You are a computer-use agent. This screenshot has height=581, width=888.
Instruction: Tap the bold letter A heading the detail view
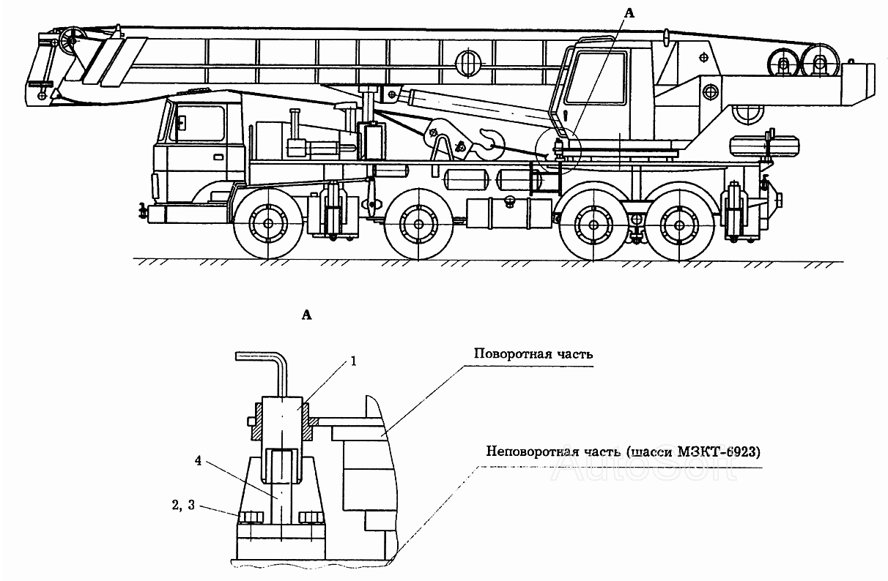pyautogui.click(x=307, y=315)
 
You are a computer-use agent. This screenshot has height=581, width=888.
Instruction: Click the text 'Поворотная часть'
pyautogui.click(x=532, y=353)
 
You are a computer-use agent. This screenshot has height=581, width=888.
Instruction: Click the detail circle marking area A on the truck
pyautogui.click(x=558, y=151)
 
